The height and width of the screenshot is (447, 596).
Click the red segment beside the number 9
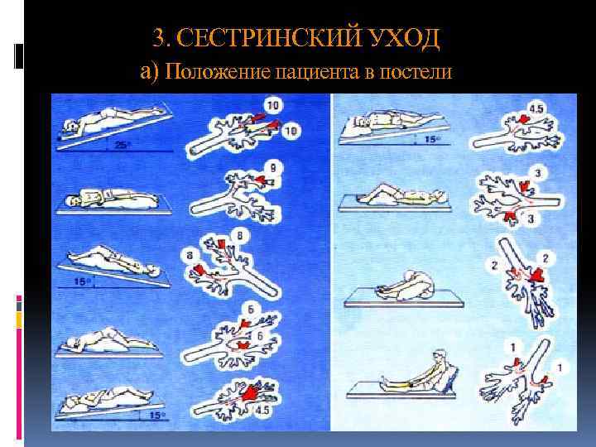(x=260, y=179)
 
